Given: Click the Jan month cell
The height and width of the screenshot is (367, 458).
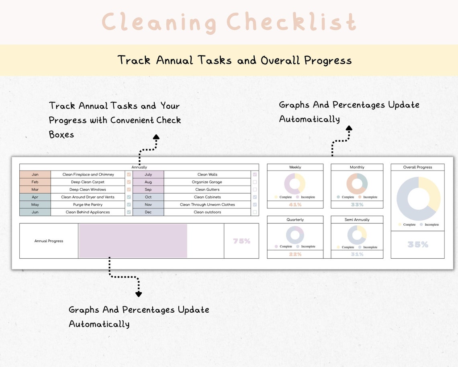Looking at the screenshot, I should coord(35,175).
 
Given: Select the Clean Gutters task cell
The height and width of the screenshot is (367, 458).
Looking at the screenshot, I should coord(207,190).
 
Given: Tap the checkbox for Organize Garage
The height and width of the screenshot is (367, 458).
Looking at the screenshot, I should coord(255,182).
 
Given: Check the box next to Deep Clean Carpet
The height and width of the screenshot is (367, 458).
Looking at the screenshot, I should coord(129,182).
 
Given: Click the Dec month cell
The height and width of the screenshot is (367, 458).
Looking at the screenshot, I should coord(148,212).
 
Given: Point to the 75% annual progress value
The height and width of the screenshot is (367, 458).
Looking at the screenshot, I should coord(241,241).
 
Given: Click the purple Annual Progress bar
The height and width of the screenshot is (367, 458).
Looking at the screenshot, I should coord(133,241).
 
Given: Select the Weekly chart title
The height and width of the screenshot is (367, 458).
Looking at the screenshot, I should coord(295,167).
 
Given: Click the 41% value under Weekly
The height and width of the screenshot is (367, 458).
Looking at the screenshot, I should coord(295,204).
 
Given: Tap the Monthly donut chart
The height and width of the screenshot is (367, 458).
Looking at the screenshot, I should coord(357,184).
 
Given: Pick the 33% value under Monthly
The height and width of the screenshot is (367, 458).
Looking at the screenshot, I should coord(357,204).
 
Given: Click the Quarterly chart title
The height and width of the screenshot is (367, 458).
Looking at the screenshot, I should coord(295,220).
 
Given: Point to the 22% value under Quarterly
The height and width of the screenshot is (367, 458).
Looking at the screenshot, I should coord(295,254).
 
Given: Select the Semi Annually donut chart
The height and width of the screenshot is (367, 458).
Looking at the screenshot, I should coord(357,235).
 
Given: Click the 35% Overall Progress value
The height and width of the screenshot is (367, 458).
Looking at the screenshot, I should coord(417,245).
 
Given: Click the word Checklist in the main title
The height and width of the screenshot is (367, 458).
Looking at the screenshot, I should coord(291,22).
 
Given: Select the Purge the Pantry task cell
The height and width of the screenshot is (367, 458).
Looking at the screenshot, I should coord(88,205).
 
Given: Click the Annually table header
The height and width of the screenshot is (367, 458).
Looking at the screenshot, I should coord(139,167).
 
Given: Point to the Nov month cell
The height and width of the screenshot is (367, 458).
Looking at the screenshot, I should coord(148,205).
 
